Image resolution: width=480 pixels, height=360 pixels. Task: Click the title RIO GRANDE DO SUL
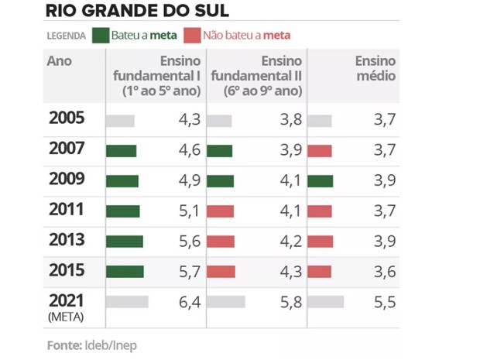coord(135,11)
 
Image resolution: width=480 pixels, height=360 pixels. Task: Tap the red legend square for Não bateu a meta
coord(190,36)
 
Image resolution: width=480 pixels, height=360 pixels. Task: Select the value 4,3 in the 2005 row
coord(189,121)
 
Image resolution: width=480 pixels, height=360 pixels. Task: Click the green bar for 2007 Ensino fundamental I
coord(122,151)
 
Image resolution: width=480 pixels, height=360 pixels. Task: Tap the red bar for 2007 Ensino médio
coord(321,151)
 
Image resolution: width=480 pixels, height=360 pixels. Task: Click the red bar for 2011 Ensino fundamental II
coord(221,211)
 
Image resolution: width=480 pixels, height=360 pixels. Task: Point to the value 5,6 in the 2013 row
coord(189,241)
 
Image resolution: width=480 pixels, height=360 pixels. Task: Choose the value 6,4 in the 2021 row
coord(189,302)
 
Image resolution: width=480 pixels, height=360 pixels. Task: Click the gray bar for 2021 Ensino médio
coord(326,302)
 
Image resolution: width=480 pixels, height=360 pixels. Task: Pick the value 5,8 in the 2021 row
coord(289,302)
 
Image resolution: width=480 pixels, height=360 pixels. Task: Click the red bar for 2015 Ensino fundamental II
coord(221,271)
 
